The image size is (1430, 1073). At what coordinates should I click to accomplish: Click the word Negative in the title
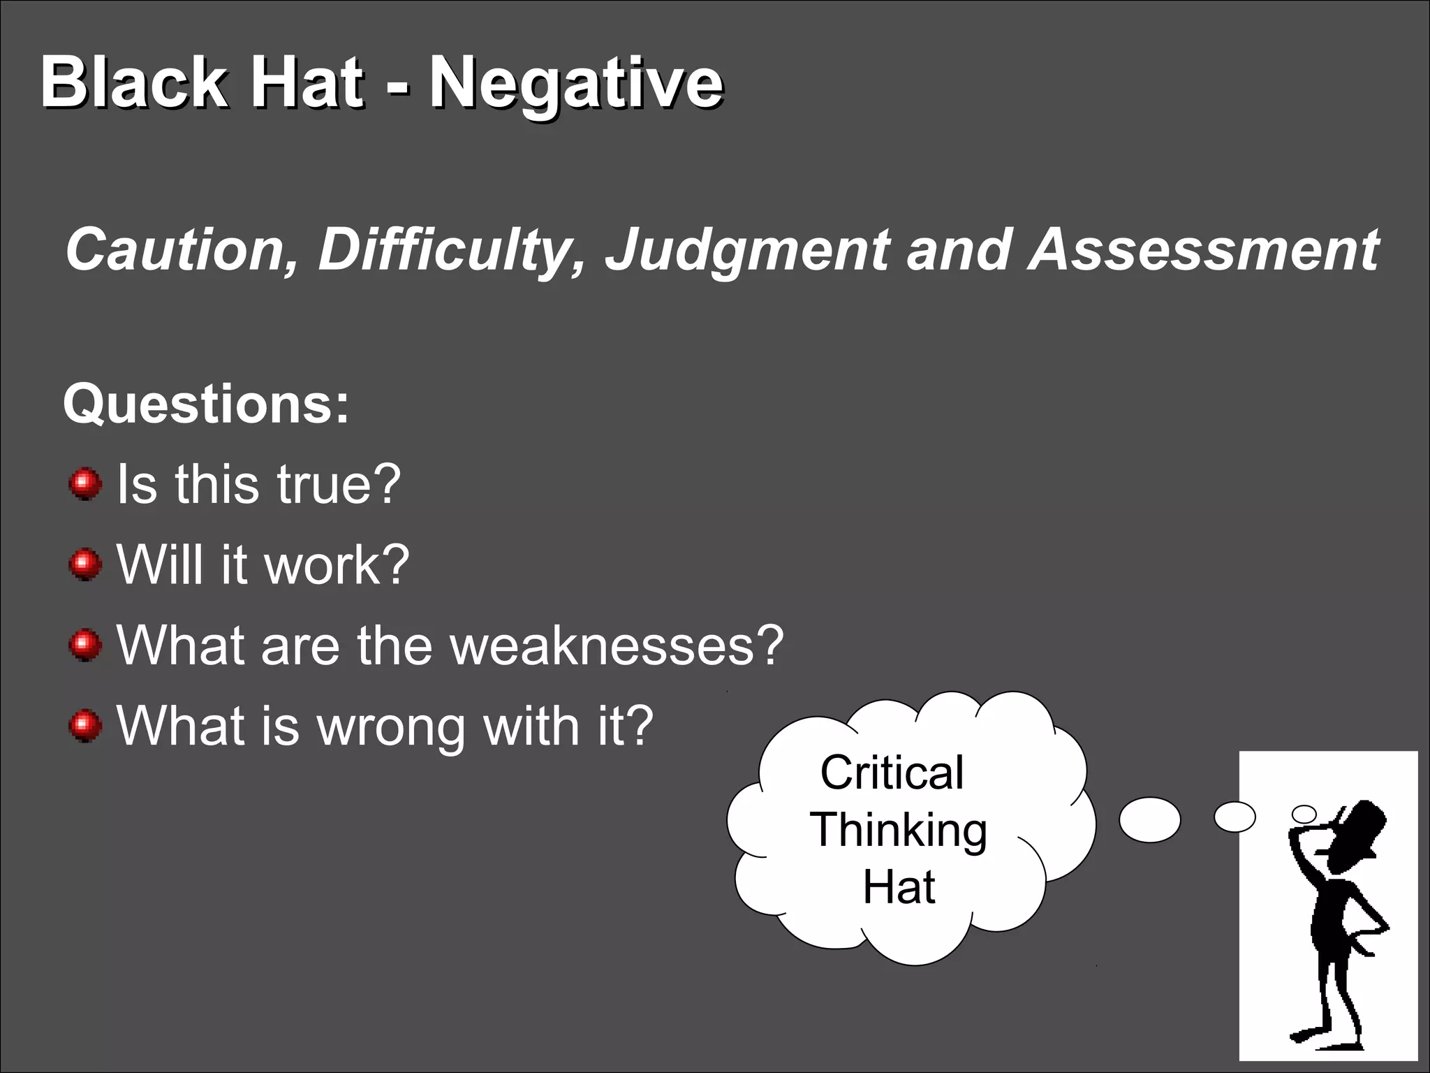click(575, 85)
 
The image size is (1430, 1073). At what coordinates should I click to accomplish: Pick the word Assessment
click(1204, 250)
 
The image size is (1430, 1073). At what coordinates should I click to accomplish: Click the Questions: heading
click(206, 404)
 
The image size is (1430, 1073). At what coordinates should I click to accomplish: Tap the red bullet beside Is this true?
click(86, 483)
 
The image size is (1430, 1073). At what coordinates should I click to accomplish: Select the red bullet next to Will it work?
click(86, 564)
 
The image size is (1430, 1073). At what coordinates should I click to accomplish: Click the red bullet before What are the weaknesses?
click(86, 644)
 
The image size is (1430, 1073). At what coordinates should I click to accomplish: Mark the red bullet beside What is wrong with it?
click(86, 725)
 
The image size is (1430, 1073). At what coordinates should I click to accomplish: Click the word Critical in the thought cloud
click(892, 773)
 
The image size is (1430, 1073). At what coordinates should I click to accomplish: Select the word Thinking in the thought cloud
click(899, 831)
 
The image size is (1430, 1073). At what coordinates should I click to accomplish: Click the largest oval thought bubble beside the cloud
click(1149, 819)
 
